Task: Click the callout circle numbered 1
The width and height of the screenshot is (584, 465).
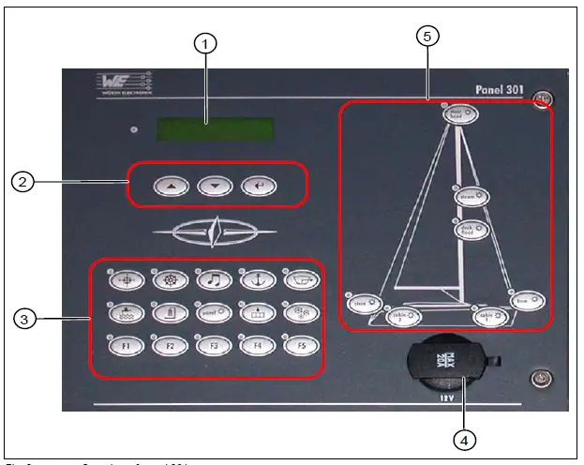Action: point(205,42)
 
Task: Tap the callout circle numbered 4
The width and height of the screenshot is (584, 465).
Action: point(463,438)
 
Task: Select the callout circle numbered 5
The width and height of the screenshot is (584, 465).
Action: point(427,37)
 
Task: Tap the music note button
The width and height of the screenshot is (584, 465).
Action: point(214,278)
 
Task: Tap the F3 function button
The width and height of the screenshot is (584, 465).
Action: point(214,345)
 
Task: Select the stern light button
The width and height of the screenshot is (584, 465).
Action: point(360,302)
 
